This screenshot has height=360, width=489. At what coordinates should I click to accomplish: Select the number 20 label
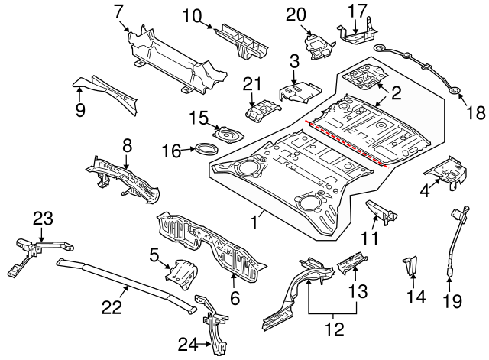[295, 14]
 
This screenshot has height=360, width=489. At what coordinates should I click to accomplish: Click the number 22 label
[112, 306]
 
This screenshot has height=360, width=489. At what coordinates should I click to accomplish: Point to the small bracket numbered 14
[411, 264]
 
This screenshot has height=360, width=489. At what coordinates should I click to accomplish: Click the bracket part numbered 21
[259, 109]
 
